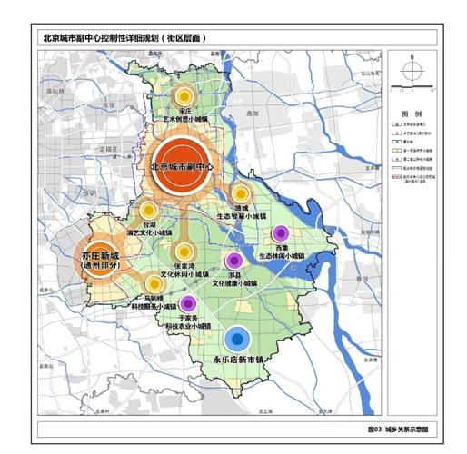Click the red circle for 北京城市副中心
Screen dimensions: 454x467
[x=184, y=164]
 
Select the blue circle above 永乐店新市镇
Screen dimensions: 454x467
[x=238, y=340]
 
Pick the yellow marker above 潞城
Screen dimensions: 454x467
[x=241, y=192]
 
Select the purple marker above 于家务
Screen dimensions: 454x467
[x=188, y=303]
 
